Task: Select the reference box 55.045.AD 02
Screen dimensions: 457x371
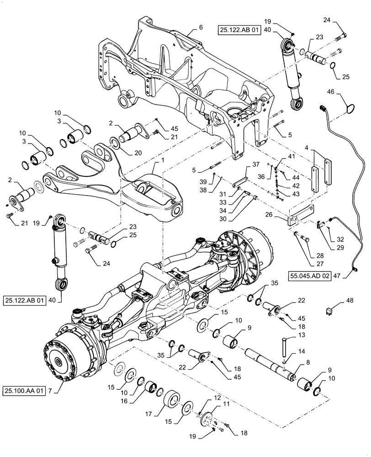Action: [x=309, y=276]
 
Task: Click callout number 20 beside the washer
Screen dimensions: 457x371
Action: [x=126, y=154]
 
